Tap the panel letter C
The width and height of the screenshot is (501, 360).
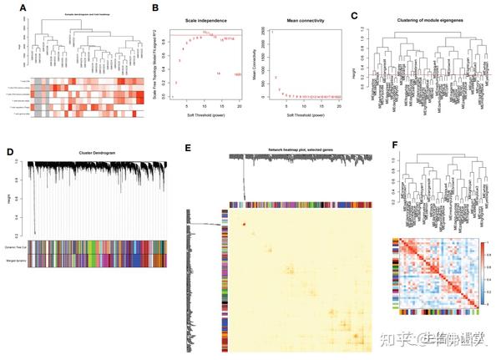click(x=355, y=14)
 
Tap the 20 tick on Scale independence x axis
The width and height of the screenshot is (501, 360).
click(x=240, y=105)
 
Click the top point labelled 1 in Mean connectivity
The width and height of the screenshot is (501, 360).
click(x=271, y=32)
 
